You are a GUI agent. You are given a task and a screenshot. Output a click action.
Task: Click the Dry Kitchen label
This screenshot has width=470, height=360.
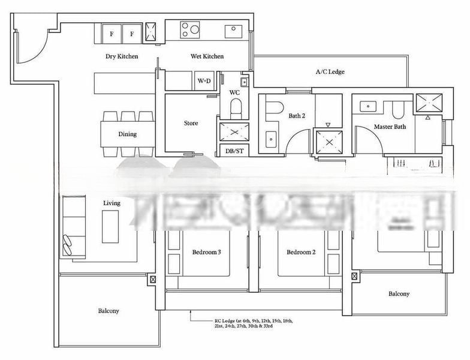click(x=122, y=56)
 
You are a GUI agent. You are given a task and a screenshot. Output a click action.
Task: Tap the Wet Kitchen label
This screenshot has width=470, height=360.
click(x=207, y=56)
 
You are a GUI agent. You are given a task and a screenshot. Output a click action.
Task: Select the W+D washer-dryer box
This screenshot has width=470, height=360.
click(x=204, y=80)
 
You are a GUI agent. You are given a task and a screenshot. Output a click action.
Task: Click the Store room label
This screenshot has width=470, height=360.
click(x=191, y=123)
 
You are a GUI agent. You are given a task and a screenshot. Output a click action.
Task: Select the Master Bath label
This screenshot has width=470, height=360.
click(x=390, y=127)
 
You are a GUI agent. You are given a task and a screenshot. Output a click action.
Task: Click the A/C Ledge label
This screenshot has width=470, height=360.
click(x=330, y=72)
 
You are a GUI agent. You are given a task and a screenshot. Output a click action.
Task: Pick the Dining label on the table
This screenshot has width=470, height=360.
click(x=127, y=134)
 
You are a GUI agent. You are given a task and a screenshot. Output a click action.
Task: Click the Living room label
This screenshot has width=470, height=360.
click(x=112, y=203)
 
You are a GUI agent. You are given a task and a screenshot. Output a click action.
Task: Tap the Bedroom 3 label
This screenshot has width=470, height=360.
click(x=207, y=253)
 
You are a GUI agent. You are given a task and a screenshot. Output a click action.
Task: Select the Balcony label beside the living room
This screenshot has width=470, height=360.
click(x=109, y=311)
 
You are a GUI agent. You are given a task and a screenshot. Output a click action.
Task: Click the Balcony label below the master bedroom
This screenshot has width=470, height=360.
click(x=399, y=294)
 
